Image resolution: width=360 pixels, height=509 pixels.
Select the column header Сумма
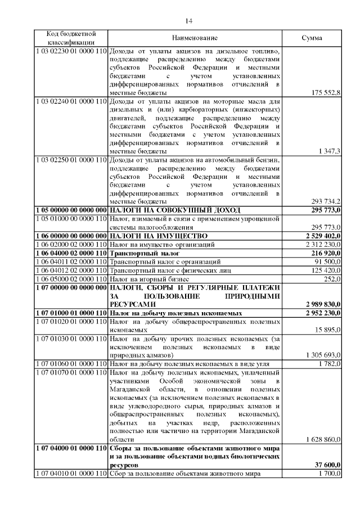click(312, 38)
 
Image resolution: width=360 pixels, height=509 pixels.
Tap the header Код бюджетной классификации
click(71, 38)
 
